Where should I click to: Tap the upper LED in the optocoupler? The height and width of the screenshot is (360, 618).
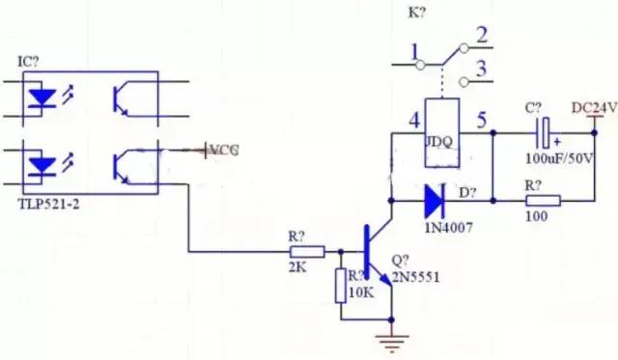coord(42,97)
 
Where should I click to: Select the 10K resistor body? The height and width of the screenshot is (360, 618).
coord(341,286)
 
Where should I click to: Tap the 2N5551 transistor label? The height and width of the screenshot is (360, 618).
coord(413,277)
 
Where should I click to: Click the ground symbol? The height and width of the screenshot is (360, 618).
coord(393,340)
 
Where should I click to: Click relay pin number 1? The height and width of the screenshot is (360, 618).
coord(414,51)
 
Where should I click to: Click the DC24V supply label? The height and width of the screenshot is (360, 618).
coord(593,107)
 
